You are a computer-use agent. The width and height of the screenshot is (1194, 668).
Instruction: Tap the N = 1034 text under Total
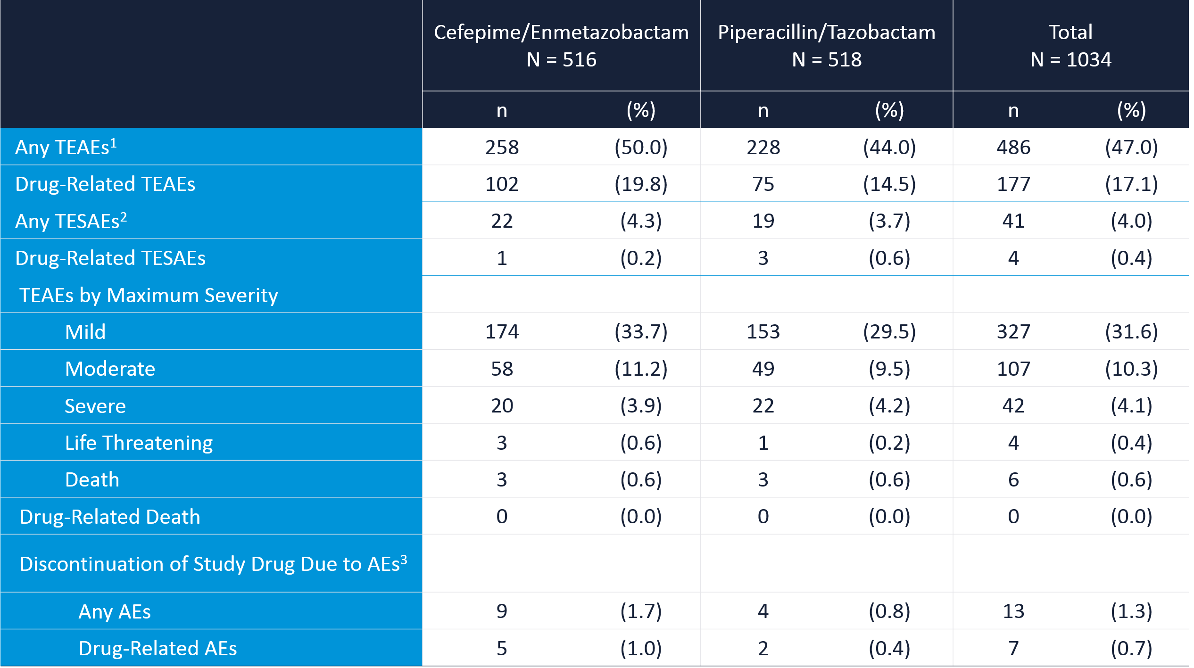[1071, 60]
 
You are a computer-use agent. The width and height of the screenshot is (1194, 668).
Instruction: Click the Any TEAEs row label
[66, 147]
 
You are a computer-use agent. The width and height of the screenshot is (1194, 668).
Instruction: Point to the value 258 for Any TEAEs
[502, 147]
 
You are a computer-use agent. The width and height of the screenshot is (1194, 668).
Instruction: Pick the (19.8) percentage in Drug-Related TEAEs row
[641, 184]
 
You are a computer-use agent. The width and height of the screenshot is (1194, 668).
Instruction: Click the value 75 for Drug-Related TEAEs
[763, 184]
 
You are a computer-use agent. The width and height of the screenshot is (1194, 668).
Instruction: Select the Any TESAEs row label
[71, 221]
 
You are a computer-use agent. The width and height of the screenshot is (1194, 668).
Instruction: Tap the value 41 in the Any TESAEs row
[1013, 221]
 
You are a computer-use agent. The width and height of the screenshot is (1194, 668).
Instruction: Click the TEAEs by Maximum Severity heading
[149, 295]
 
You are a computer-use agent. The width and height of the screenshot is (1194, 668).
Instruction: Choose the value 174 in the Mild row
[502, 332]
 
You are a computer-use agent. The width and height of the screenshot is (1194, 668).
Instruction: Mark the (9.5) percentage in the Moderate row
[889, 369]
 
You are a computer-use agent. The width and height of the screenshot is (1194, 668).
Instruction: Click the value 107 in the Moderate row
[1013, 369]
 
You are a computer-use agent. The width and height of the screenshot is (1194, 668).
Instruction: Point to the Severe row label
[95, 406]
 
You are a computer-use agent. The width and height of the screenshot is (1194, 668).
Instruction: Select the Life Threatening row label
[139, 443]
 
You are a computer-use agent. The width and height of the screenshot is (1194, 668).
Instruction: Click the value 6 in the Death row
[1013, 480]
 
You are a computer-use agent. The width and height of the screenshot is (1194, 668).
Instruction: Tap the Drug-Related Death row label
[110, 517]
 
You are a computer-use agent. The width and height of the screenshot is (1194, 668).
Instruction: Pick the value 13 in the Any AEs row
[1013, 611]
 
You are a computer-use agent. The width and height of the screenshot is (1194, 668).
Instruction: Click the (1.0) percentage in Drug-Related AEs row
[641, 648]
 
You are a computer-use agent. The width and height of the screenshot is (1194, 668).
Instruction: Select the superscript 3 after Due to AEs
[404, 559]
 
